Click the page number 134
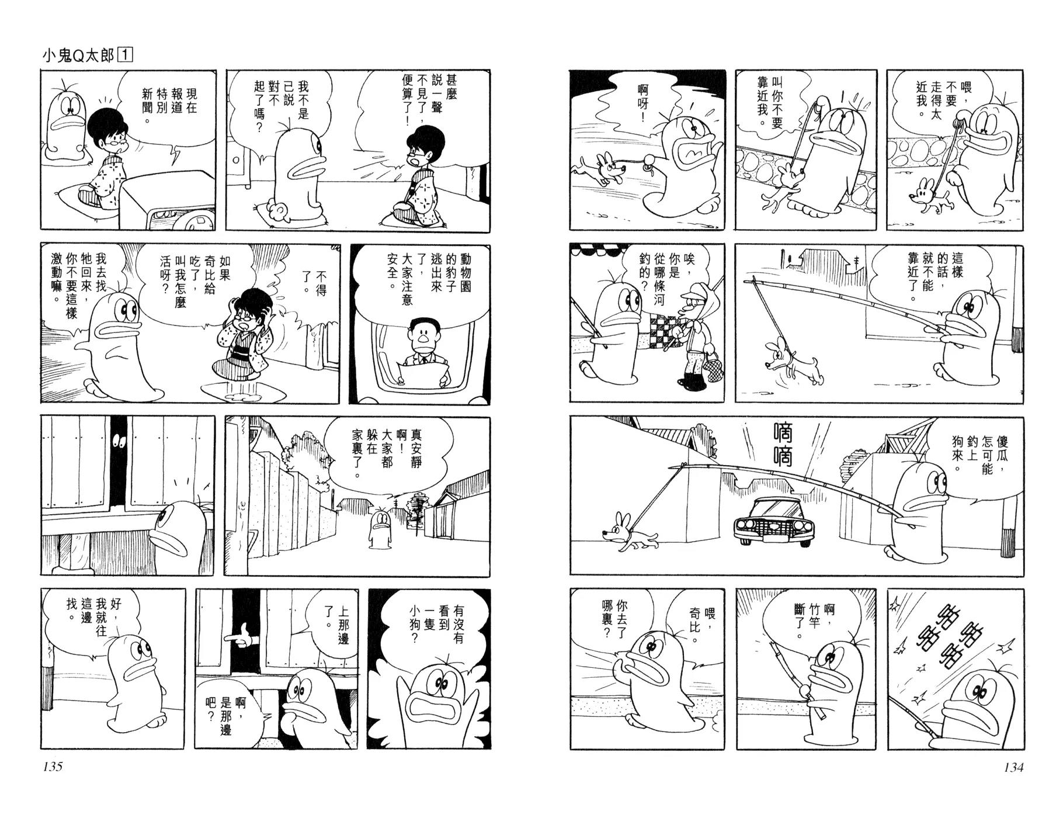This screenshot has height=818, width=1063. (x=1013, y=767)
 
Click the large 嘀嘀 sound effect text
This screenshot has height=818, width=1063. (x=782, y=453)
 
